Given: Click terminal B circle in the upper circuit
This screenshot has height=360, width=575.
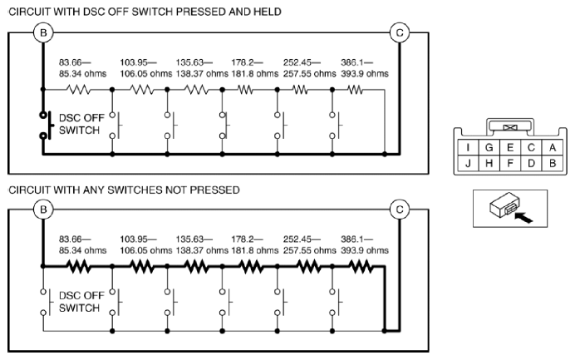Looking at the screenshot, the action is click(x=43, y=32).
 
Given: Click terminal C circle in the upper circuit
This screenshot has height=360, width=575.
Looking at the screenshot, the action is click(x=400, y=32).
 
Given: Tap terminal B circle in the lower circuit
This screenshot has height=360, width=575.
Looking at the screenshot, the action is click(x=43, y=210).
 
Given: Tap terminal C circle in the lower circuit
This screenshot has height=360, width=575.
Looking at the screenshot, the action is click(x=400, y=210).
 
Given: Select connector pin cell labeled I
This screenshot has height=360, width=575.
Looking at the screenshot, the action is click(x=468, y=147).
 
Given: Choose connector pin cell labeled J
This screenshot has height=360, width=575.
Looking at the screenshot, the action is click(x=468, y=163).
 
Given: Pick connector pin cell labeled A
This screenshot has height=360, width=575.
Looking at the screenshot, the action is click(x=553, y=147).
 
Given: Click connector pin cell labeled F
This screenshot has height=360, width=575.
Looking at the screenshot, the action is click(x=510, y=163).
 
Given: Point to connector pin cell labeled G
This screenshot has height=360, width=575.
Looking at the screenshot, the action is click(x=489, y=147).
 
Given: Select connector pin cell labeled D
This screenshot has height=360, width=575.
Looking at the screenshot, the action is click(x=531, y=163).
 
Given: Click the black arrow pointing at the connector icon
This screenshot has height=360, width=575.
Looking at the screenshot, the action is click(x=523, y=218).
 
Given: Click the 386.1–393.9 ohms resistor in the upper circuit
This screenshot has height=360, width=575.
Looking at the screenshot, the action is click(x=355, y=90).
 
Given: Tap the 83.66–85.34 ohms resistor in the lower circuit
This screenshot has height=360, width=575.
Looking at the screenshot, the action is click(x=78, y=266).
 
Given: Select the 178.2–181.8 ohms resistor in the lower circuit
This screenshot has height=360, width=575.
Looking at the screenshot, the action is click(x=251, y=266).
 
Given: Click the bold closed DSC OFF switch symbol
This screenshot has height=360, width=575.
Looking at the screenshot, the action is click(x=47, y=126).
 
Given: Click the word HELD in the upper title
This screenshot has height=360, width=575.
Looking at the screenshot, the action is click(x=268, y=12).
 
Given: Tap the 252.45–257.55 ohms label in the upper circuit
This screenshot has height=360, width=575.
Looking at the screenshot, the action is click(x=309, y=68).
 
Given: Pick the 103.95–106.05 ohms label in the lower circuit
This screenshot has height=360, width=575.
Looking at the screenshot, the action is click(x=146, y=244).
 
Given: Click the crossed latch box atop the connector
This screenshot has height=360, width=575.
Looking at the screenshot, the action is click(x=510, y=127).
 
